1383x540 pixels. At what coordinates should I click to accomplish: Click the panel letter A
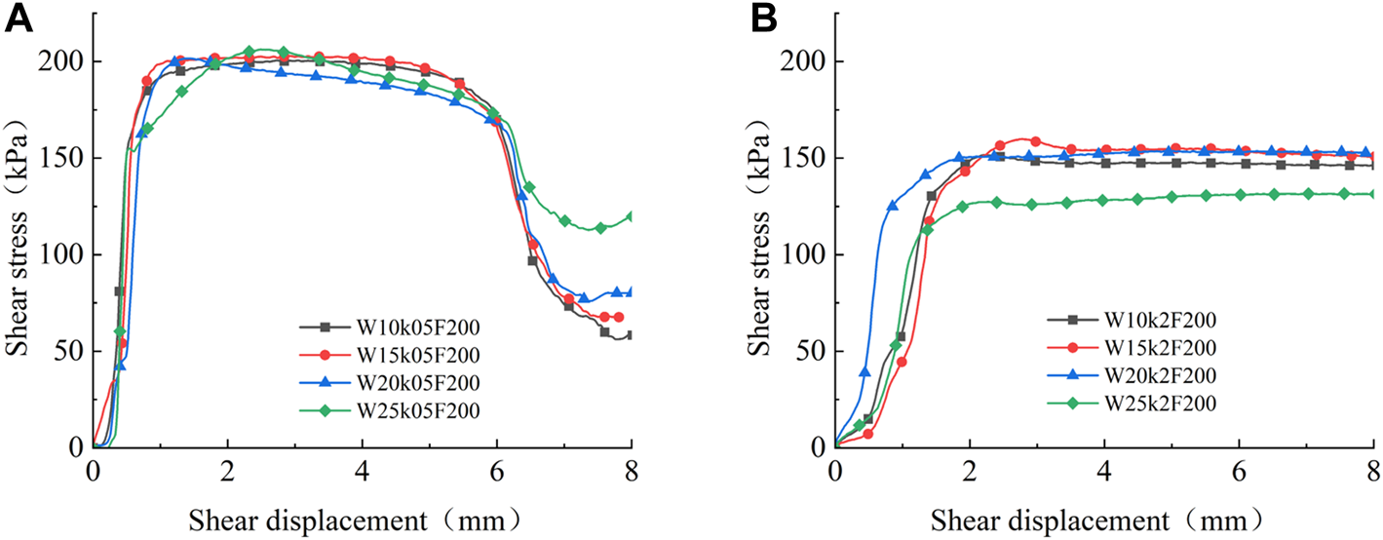[x=19, y=19]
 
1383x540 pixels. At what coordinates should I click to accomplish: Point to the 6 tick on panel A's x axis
[x=496, y=468]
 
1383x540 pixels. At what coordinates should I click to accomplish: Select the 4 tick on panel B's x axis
[x=1104, y=468]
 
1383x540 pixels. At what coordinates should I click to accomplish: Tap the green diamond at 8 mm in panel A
[x=631, y=216]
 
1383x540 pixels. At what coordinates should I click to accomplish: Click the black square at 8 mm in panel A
[x=631, y=335]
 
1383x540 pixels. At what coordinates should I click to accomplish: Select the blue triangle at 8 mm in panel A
[x=631, y=291]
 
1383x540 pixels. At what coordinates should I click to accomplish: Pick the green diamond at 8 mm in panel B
[x=1373, y=194]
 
